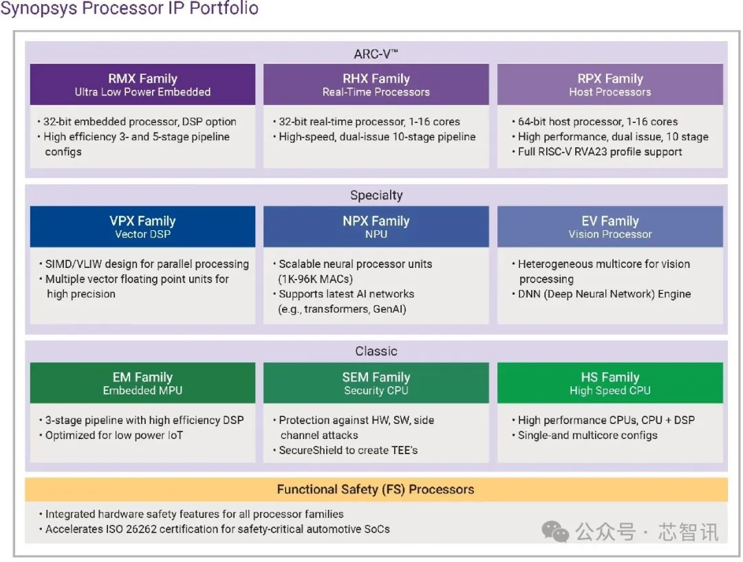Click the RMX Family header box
coord(142,85)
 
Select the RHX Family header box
coord(376,85)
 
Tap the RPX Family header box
coord(610,85)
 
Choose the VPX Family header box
coord(142,227)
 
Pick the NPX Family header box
coord(376,227)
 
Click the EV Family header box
coord(610,227)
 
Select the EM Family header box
coord(142,383)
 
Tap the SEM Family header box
coord(376,383)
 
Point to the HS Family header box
coord(610,383)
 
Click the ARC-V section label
coord(376,54)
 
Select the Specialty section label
coord(376,195)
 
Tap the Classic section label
coord(376,351)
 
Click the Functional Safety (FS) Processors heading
coord(376,490)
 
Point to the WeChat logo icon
coord(555,532)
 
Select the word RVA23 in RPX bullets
coord(592,152)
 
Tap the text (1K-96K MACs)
coord(316,279)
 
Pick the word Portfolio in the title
coord(224,8)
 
